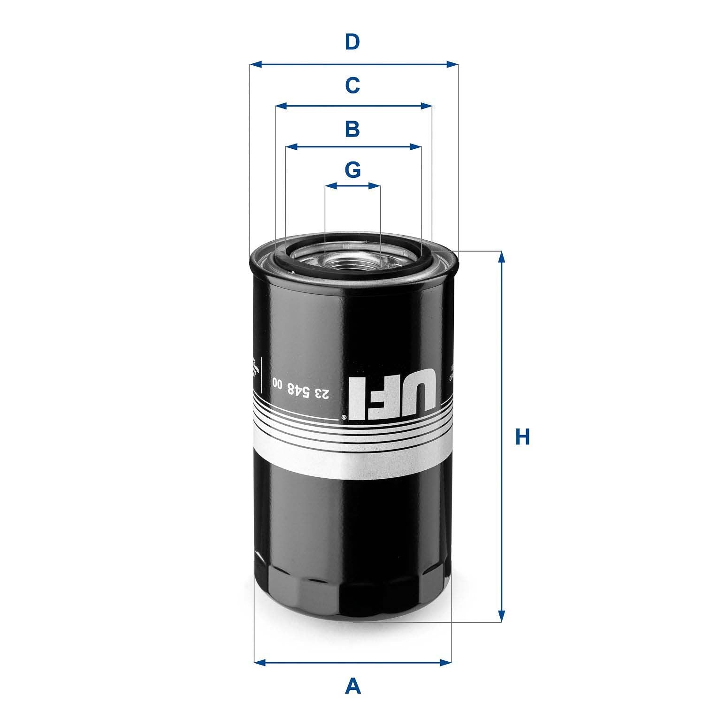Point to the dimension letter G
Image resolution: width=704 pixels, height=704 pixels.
point(353,170)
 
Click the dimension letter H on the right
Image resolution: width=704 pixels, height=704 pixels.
point(522,437)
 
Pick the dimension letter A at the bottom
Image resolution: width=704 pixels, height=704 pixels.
point(353,686)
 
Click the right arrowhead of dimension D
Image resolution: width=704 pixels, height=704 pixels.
point(452,64)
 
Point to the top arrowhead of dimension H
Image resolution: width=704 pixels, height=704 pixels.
point(502,257)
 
